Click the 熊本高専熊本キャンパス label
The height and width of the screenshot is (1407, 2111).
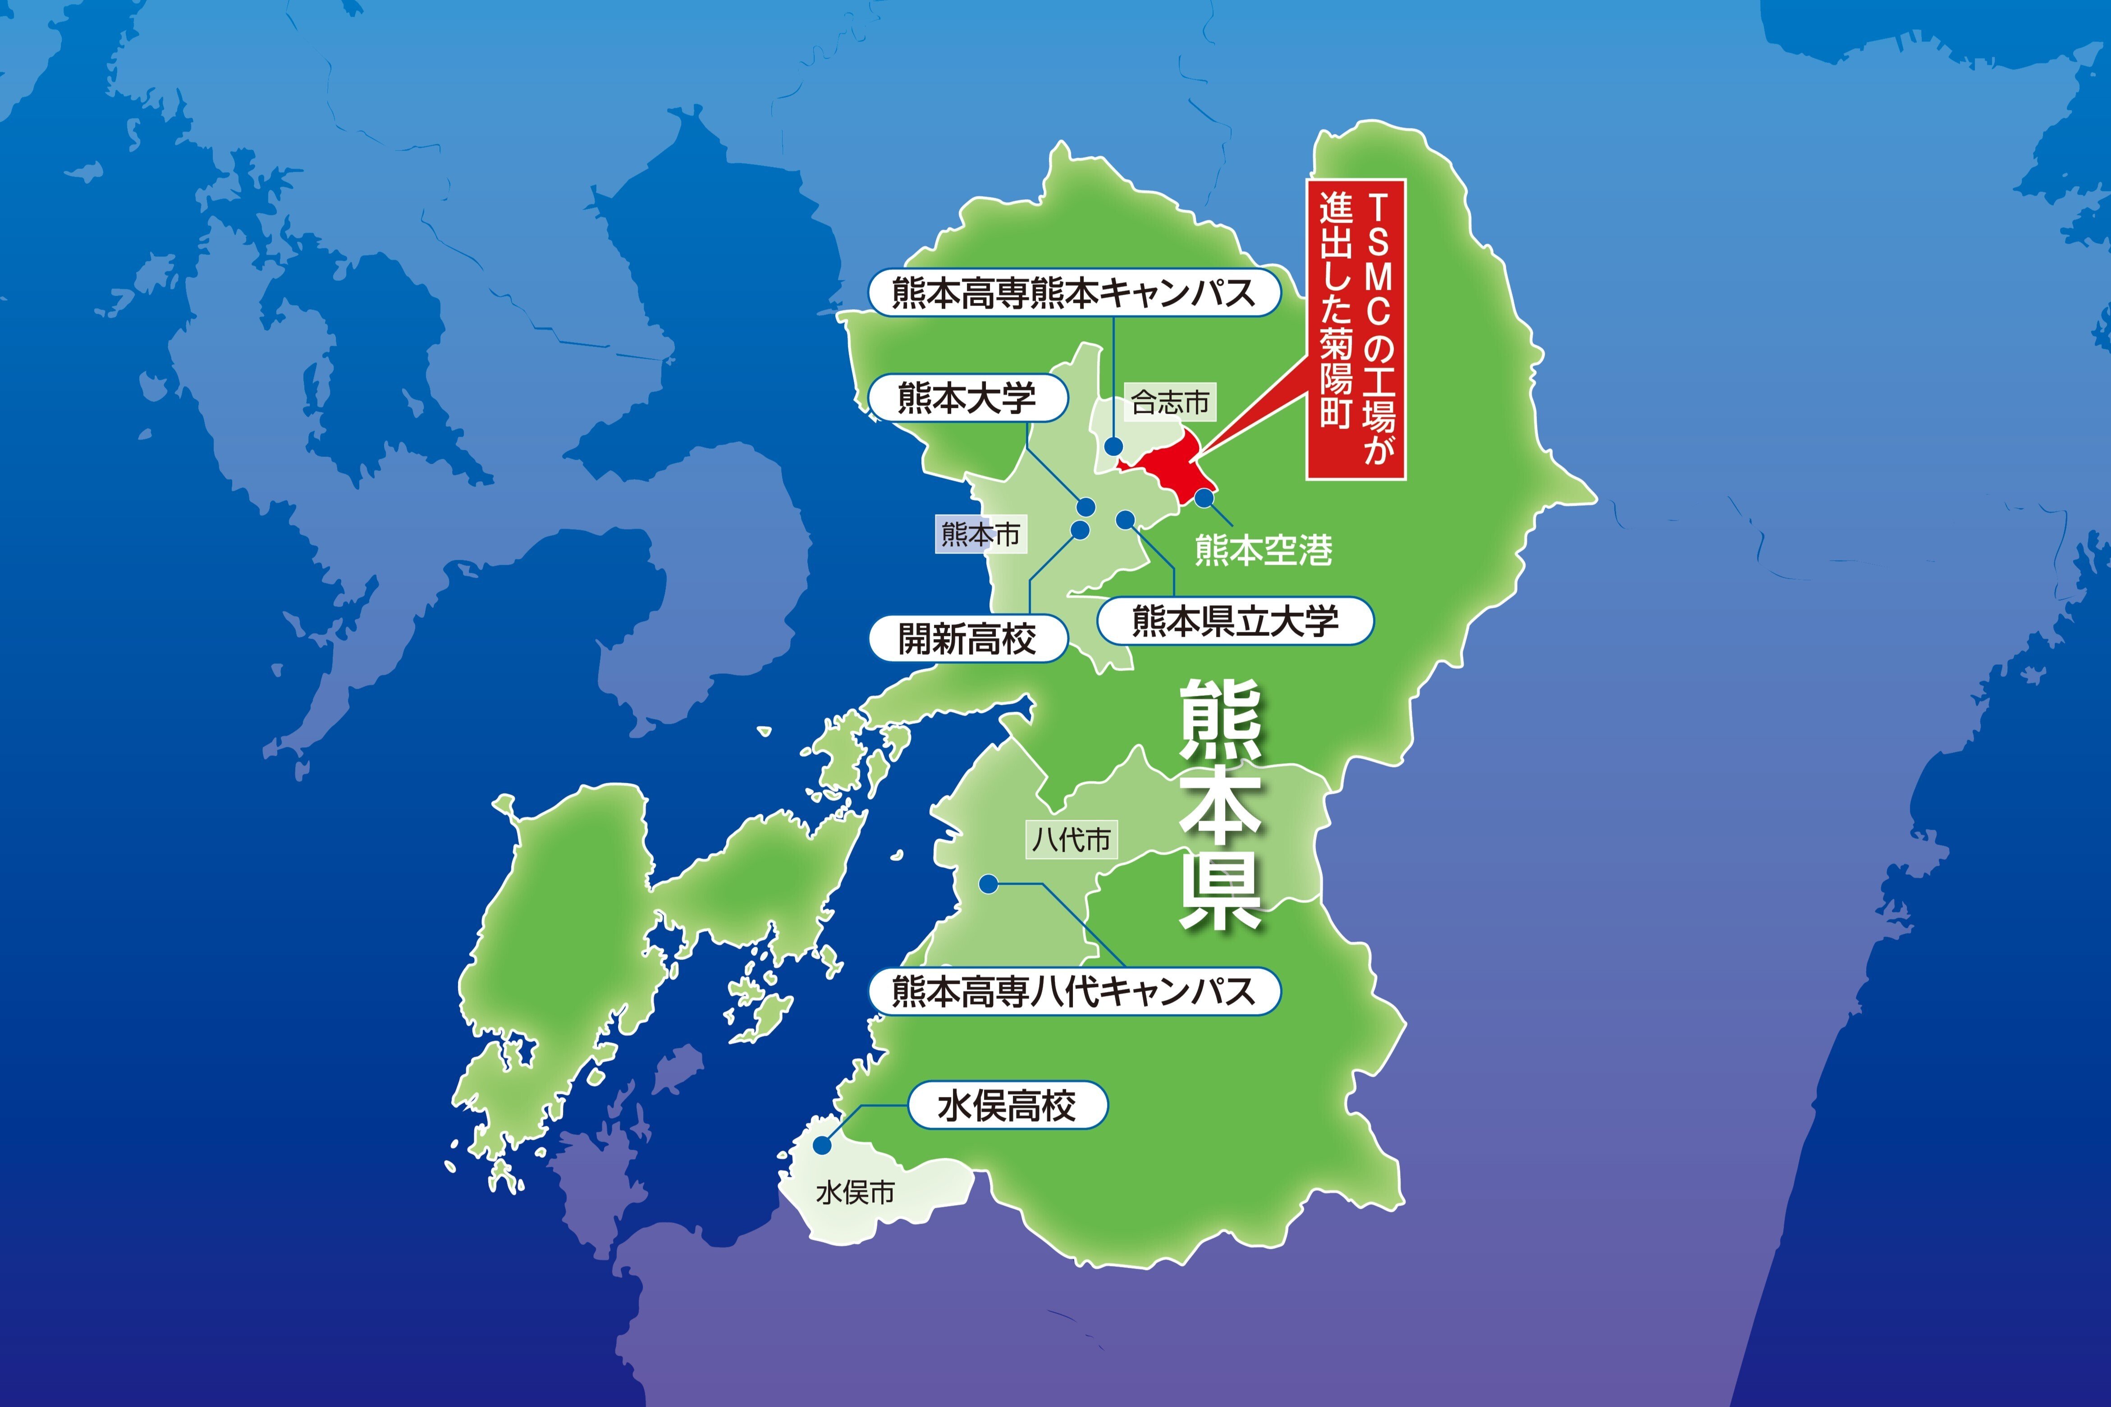click(1073, 292)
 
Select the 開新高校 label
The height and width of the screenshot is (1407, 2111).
click(967, 639)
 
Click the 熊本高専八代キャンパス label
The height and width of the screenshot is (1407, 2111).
click(1073, 991)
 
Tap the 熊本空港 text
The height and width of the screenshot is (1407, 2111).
click(1264, 550)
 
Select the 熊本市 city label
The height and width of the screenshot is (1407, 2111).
click(980, 534)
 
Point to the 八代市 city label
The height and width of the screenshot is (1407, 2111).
click(1072, 840)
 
